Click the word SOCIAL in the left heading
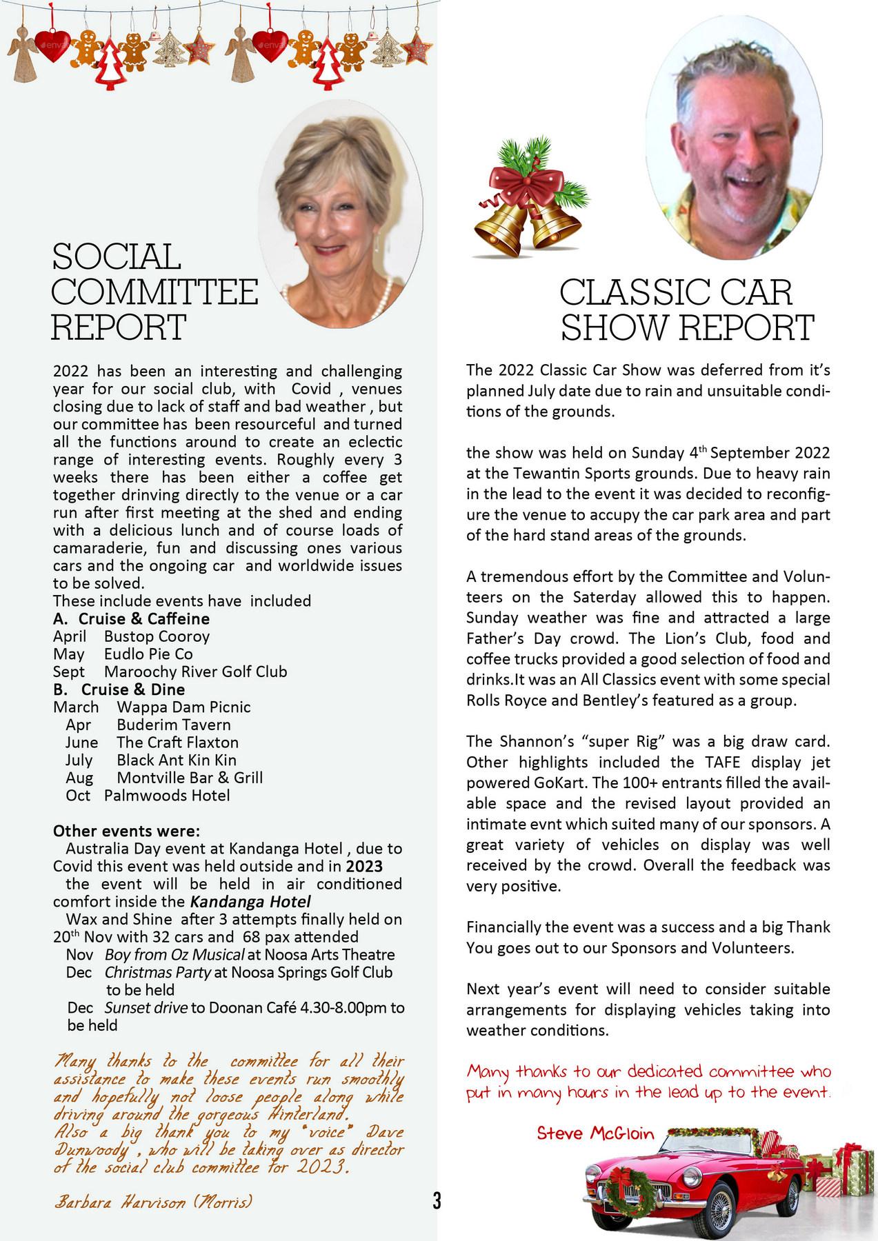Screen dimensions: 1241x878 click(x=116, y=256)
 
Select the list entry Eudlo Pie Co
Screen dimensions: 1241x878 click(x=148, y=654)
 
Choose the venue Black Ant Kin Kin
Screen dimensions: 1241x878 click(x=177, y=760)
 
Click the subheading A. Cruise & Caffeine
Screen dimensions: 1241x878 click(x=131, y=618)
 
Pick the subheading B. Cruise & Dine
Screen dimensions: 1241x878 click(x=119, y=689)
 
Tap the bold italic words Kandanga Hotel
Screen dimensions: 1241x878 click(x=250, y=901)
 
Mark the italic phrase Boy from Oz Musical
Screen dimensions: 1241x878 click(x=174, y=955)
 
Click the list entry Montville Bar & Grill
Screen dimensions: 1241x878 click(x=190, y=778)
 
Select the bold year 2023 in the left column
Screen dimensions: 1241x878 click(x=365, y=866)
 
